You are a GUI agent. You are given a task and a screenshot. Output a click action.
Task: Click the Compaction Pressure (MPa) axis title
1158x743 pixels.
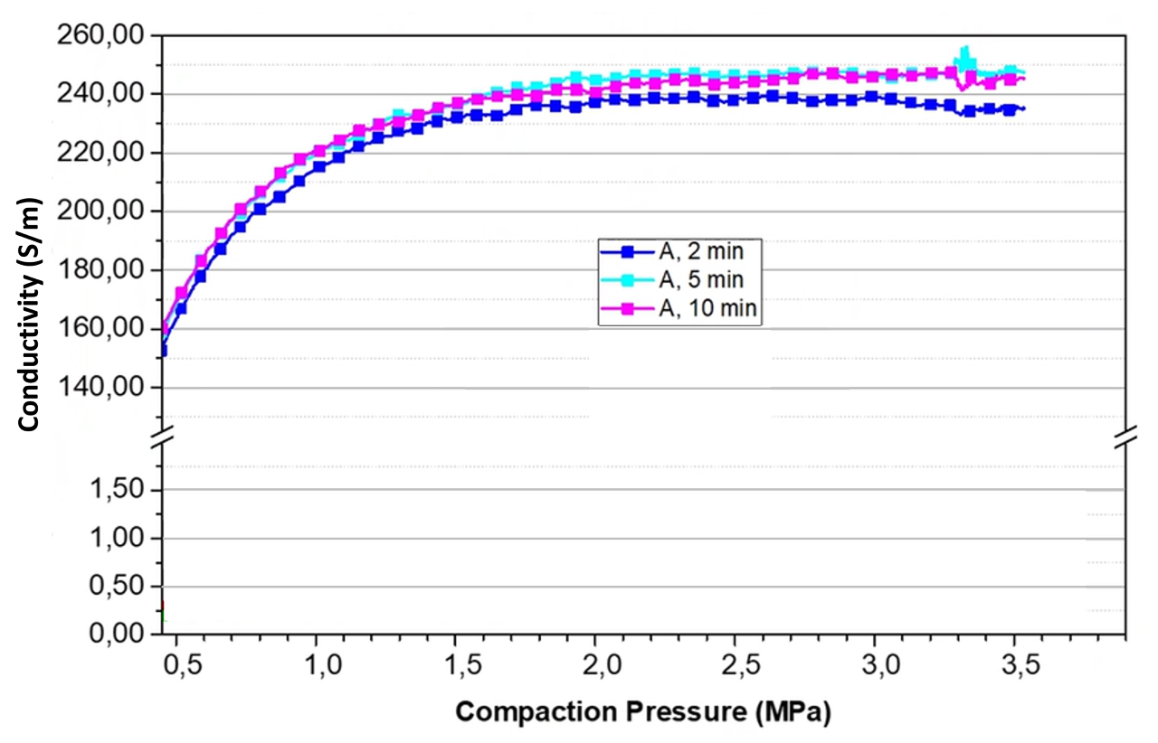(642, 711)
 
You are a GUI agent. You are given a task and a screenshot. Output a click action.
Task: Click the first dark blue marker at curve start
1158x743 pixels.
(162, 351)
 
